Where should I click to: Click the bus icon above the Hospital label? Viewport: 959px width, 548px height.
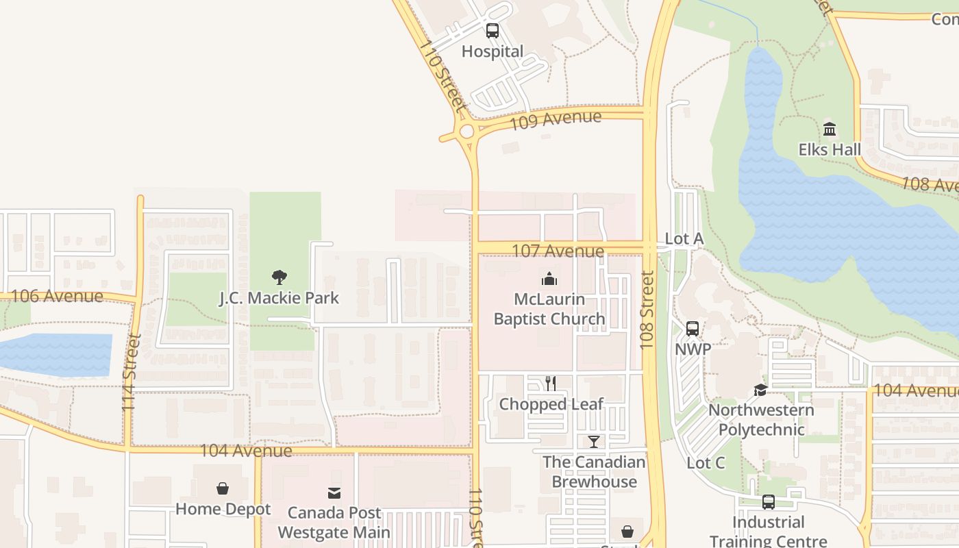(492, 31)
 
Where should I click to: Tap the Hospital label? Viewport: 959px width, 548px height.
(492, 51)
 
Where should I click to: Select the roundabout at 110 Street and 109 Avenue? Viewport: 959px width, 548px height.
(468, 131)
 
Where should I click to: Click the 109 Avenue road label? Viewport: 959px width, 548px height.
(556, 120)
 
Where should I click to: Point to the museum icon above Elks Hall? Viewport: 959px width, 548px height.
(830, 129)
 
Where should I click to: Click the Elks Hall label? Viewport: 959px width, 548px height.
(830, 149)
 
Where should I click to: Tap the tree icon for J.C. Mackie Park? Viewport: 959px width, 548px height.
(279, 277)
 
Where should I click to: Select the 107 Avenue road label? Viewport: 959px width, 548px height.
(558, 251)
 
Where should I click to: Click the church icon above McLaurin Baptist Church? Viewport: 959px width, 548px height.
(549, 279)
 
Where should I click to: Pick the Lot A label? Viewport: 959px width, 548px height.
(684, 238)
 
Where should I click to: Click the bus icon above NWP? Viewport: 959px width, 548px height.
(693, 329)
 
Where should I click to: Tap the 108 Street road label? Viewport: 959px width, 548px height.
(647, 310)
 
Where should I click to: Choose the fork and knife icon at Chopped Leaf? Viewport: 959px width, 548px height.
(551, 384)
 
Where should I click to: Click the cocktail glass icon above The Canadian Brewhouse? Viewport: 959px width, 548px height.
(594, 442)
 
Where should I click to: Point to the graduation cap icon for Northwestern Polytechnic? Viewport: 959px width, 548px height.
(760, 390)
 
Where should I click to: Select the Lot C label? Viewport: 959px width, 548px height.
(706, 463)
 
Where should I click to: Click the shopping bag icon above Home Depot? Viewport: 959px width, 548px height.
(223, 488)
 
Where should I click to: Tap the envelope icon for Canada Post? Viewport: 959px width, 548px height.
(334, 493)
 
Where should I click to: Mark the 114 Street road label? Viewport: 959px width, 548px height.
(130, 372)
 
